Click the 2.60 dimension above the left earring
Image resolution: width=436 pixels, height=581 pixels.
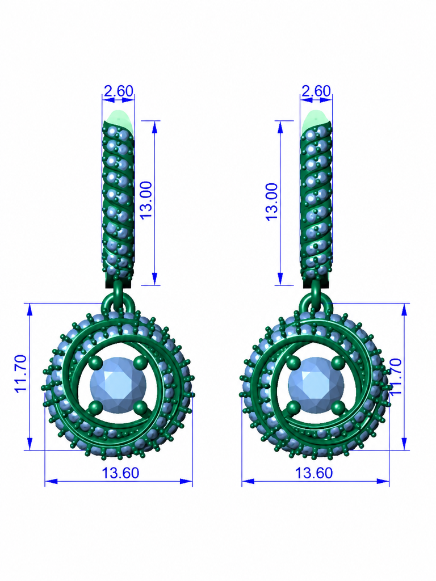(118, 91)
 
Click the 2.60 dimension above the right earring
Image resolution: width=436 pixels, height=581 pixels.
(316, 91)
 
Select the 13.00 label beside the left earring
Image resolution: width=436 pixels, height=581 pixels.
(146, 200)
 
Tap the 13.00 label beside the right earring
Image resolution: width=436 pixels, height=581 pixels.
(271, 202)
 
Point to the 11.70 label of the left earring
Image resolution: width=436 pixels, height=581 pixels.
(21, 373)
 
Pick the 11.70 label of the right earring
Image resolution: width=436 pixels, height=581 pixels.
(396, 376)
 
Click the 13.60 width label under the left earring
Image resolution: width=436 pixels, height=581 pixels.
(120, 473)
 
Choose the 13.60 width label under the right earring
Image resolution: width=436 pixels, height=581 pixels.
(313, 473)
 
